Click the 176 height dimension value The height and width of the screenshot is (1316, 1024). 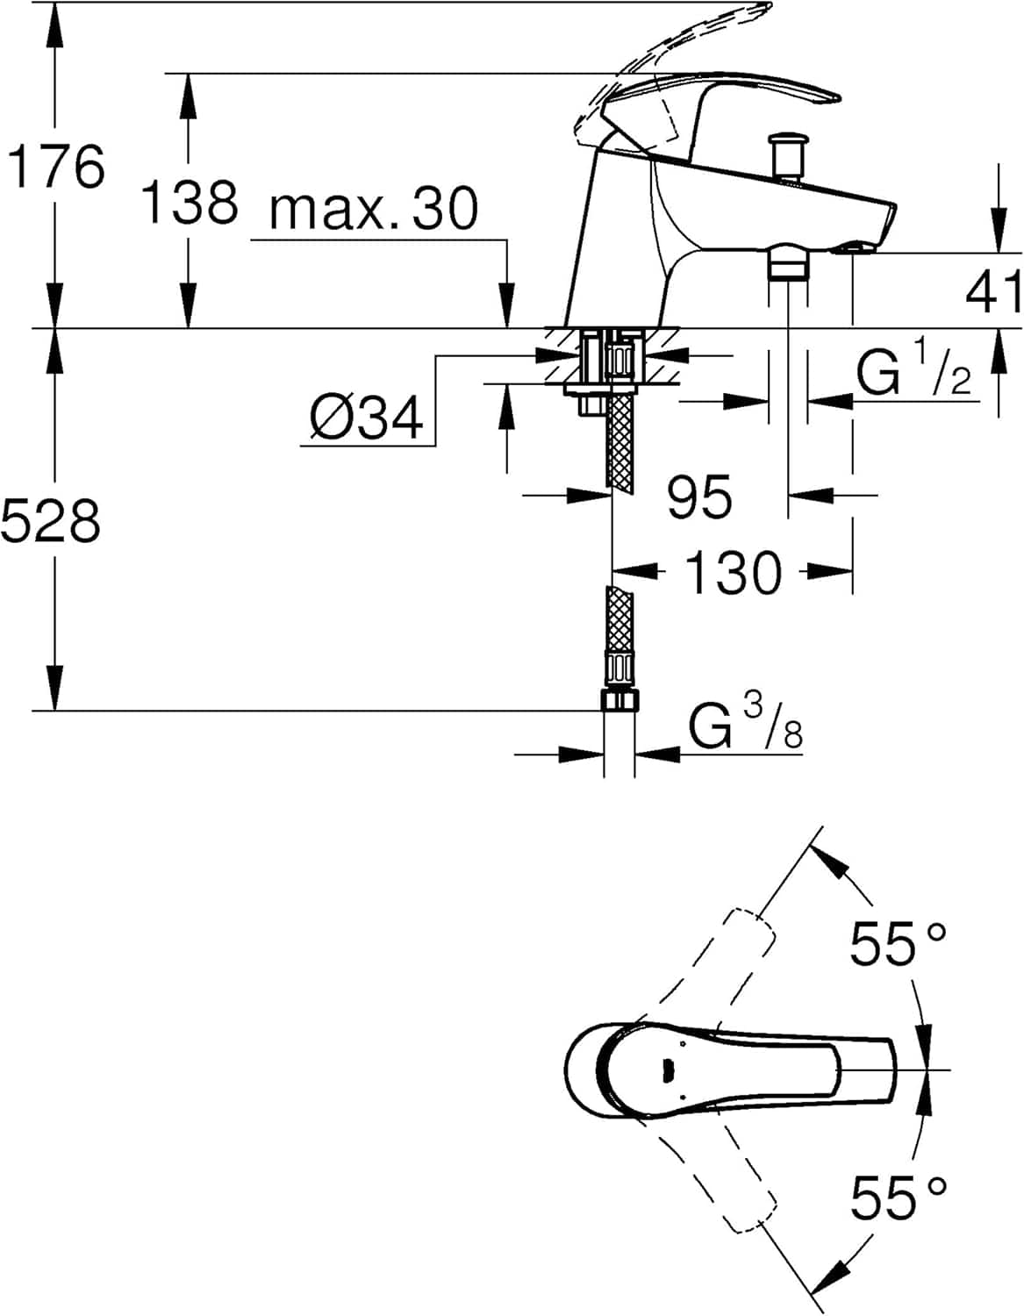[x=56, y=166]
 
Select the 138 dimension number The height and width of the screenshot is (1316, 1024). [x=189, y=201]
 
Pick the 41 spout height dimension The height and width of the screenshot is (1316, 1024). [x=993, y=291]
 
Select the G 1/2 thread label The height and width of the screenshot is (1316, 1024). [x=913, y=373]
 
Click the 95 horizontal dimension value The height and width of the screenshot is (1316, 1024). [x=698, y=497]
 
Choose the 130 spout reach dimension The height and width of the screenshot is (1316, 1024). [x=732, y=572]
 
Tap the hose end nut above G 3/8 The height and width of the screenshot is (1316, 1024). [x=619, y=700]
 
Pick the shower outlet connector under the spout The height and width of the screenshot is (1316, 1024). [x=786, y=262]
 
